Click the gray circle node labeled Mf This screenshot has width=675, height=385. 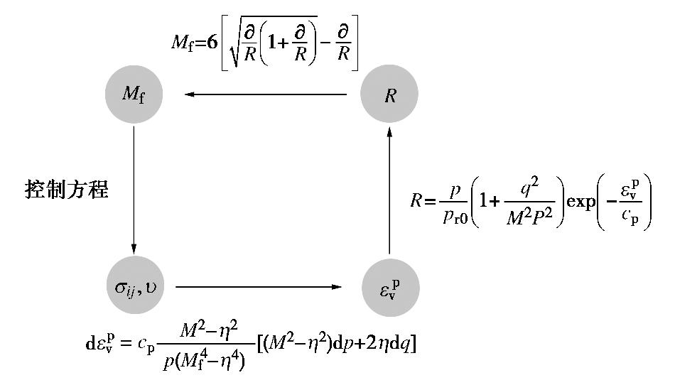tap(134, 94)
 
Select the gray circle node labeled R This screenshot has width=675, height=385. tap(389, 94)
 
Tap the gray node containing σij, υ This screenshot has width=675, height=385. tap(134, 286)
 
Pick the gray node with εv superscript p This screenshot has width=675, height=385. tap(389, 286)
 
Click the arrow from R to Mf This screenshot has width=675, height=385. tap(266, 94)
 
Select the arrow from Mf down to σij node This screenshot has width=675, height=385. tap(134, 188)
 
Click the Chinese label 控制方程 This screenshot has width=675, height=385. tap(67, 190)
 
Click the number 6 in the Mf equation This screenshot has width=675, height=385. tap(212, 43)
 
